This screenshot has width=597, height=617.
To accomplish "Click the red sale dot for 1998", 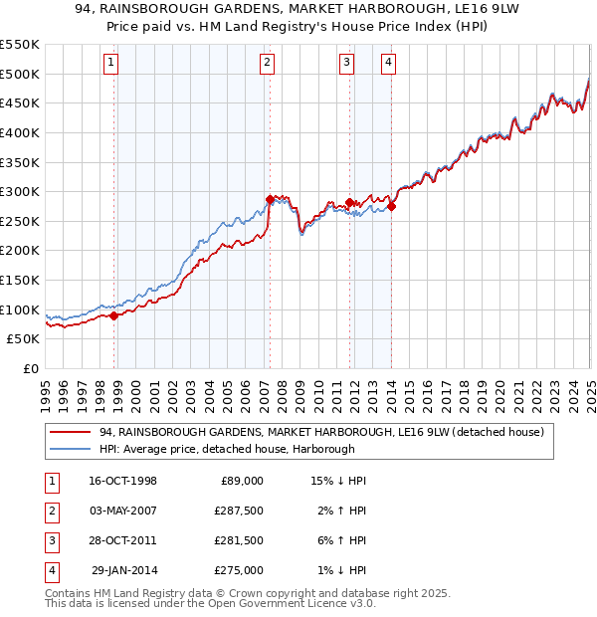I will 113,315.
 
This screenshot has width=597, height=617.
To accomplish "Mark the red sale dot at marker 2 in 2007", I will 270,199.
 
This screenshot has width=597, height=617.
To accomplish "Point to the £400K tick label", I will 20,132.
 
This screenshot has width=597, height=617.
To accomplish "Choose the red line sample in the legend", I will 71,433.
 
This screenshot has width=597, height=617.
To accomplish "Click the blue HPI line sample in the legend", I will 71,449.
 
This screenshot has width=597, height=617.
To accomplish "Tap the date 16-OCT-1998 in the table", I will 122,481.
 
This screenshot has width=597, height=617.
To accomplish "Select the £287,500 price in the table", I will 239,511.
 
